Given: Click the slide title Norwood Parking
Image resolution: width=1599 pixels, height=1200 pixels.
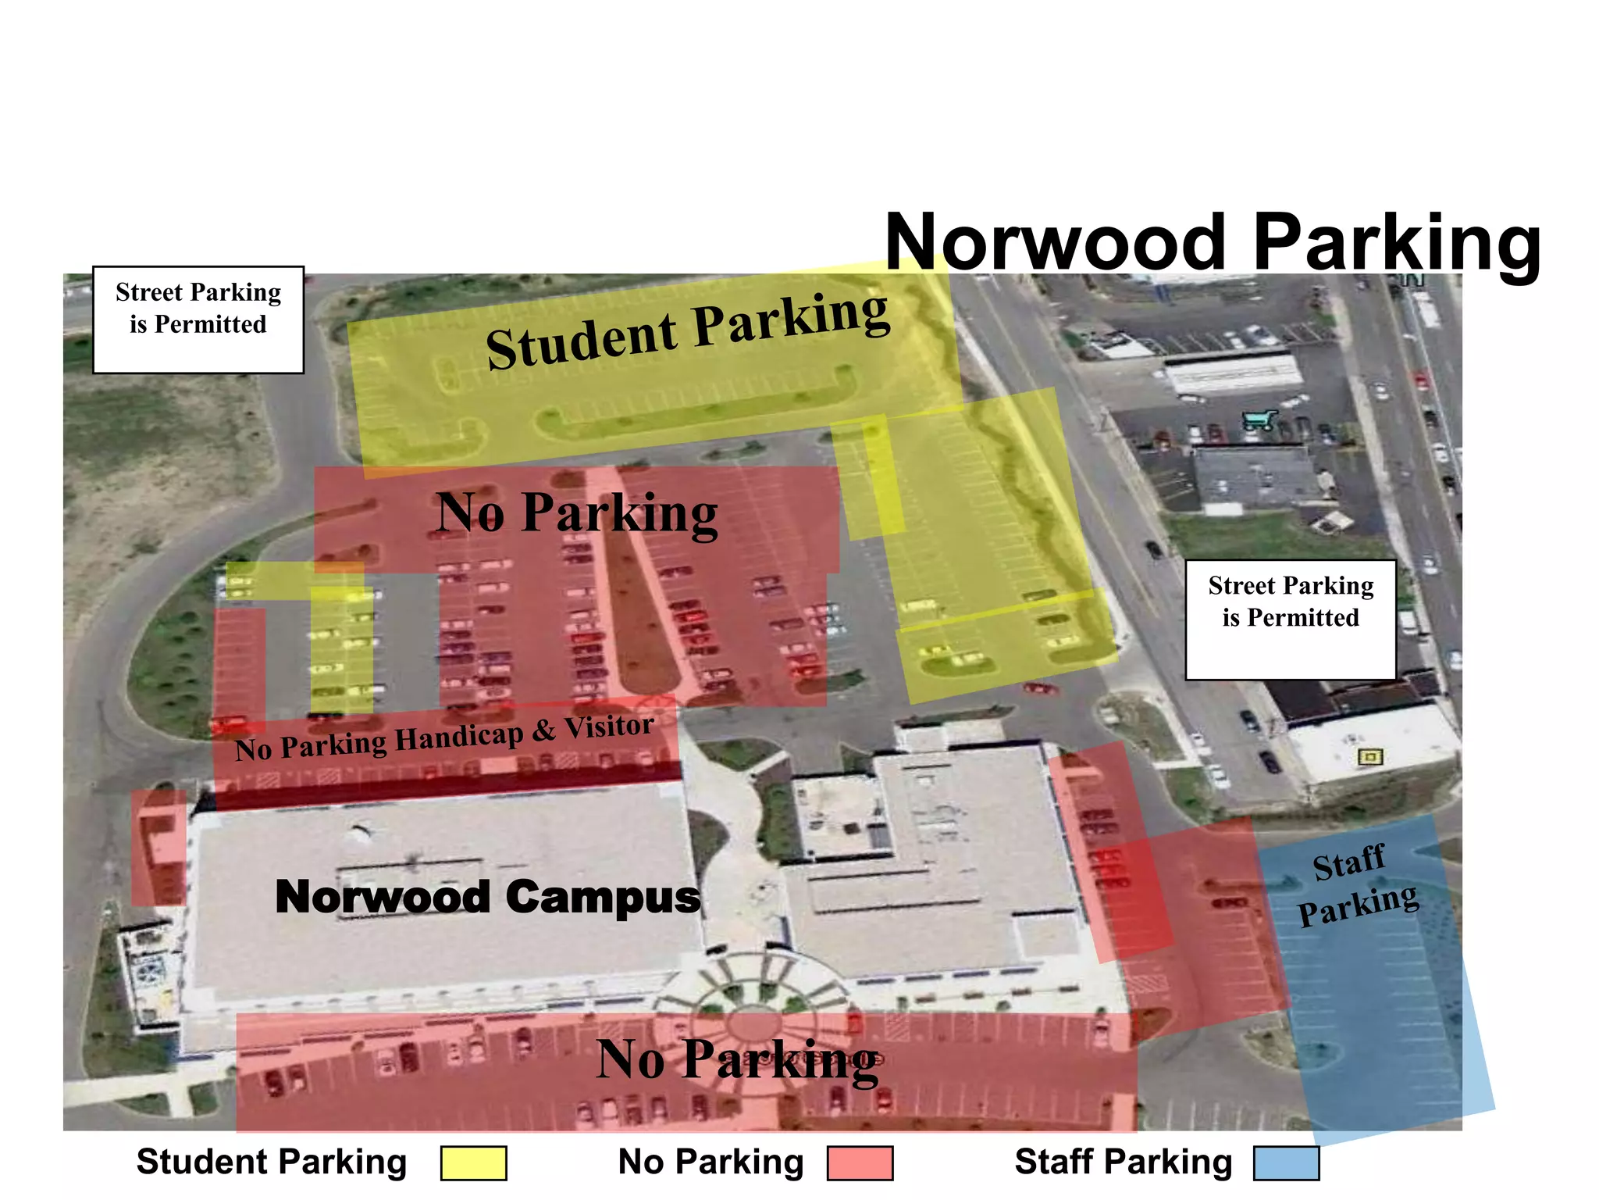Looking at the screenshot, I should click(x=1213, y=243).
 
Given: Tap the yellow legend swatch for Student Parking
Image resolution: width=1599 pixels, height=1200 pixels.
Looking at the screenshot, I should click(x=473, y=1162).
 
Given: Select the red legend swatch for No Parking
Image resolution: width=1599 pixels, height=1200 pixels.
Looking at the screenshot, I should click(x=860, y=1162).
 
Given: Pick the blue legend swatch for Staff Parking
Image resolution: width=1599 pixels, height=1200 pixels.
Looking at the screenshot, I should click(x=1286, y=1162).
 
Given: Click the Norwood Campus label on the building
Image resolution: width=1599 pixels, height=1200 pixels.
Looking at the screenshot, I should click(x=488, y=896).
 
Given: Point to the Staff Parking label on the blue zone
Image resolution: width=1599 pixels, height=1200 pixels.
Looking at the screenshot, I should click(x=1356, y=886).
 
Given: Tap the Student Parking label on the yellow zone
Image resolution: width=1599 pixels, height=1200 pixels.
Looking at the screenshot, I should click(x=687, y=330).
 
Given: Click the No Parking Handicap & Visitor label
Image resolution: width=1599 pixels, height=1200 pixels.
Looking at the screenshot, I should click(x=444, y=737).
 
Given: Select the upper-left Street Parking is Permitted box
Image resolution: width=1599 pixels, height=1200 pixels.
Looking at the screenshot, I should click(x=198, y=320).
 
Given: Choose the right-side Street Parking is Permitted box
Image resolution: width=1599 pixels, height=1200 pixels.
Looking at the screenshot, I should click(x=1291, y=619).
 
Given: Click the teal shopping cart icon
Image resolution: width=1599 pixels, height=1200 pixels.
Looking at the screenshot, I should click(x=1259, y=420).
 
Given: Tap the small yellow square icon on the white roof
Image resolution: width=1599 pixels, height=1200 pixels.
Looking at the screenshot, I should click(x=1370, y=756).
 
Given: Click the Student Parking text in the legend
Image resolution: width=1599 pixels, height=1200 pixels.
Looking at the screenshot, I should click(x=272, y=1162).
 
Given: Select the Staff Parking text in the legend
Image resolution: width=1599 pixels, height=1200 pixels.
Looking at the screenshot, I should click(x=1124, y=1162).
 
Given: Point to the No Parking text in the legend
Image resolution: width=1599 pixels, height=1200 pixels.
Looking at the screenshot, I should click(x=710, y=1162).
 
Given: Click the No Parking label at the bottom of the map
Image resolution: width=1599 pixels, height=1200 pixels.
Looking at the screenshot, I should click(x=737, y=1060).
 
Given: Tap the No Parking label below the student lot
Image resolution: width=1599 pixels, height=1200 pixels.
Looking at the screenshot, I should click(x=577, y=512).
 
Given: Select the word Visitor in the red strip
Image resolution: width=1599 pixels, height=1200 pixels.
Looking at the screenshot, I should click(x=609, y=727).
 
